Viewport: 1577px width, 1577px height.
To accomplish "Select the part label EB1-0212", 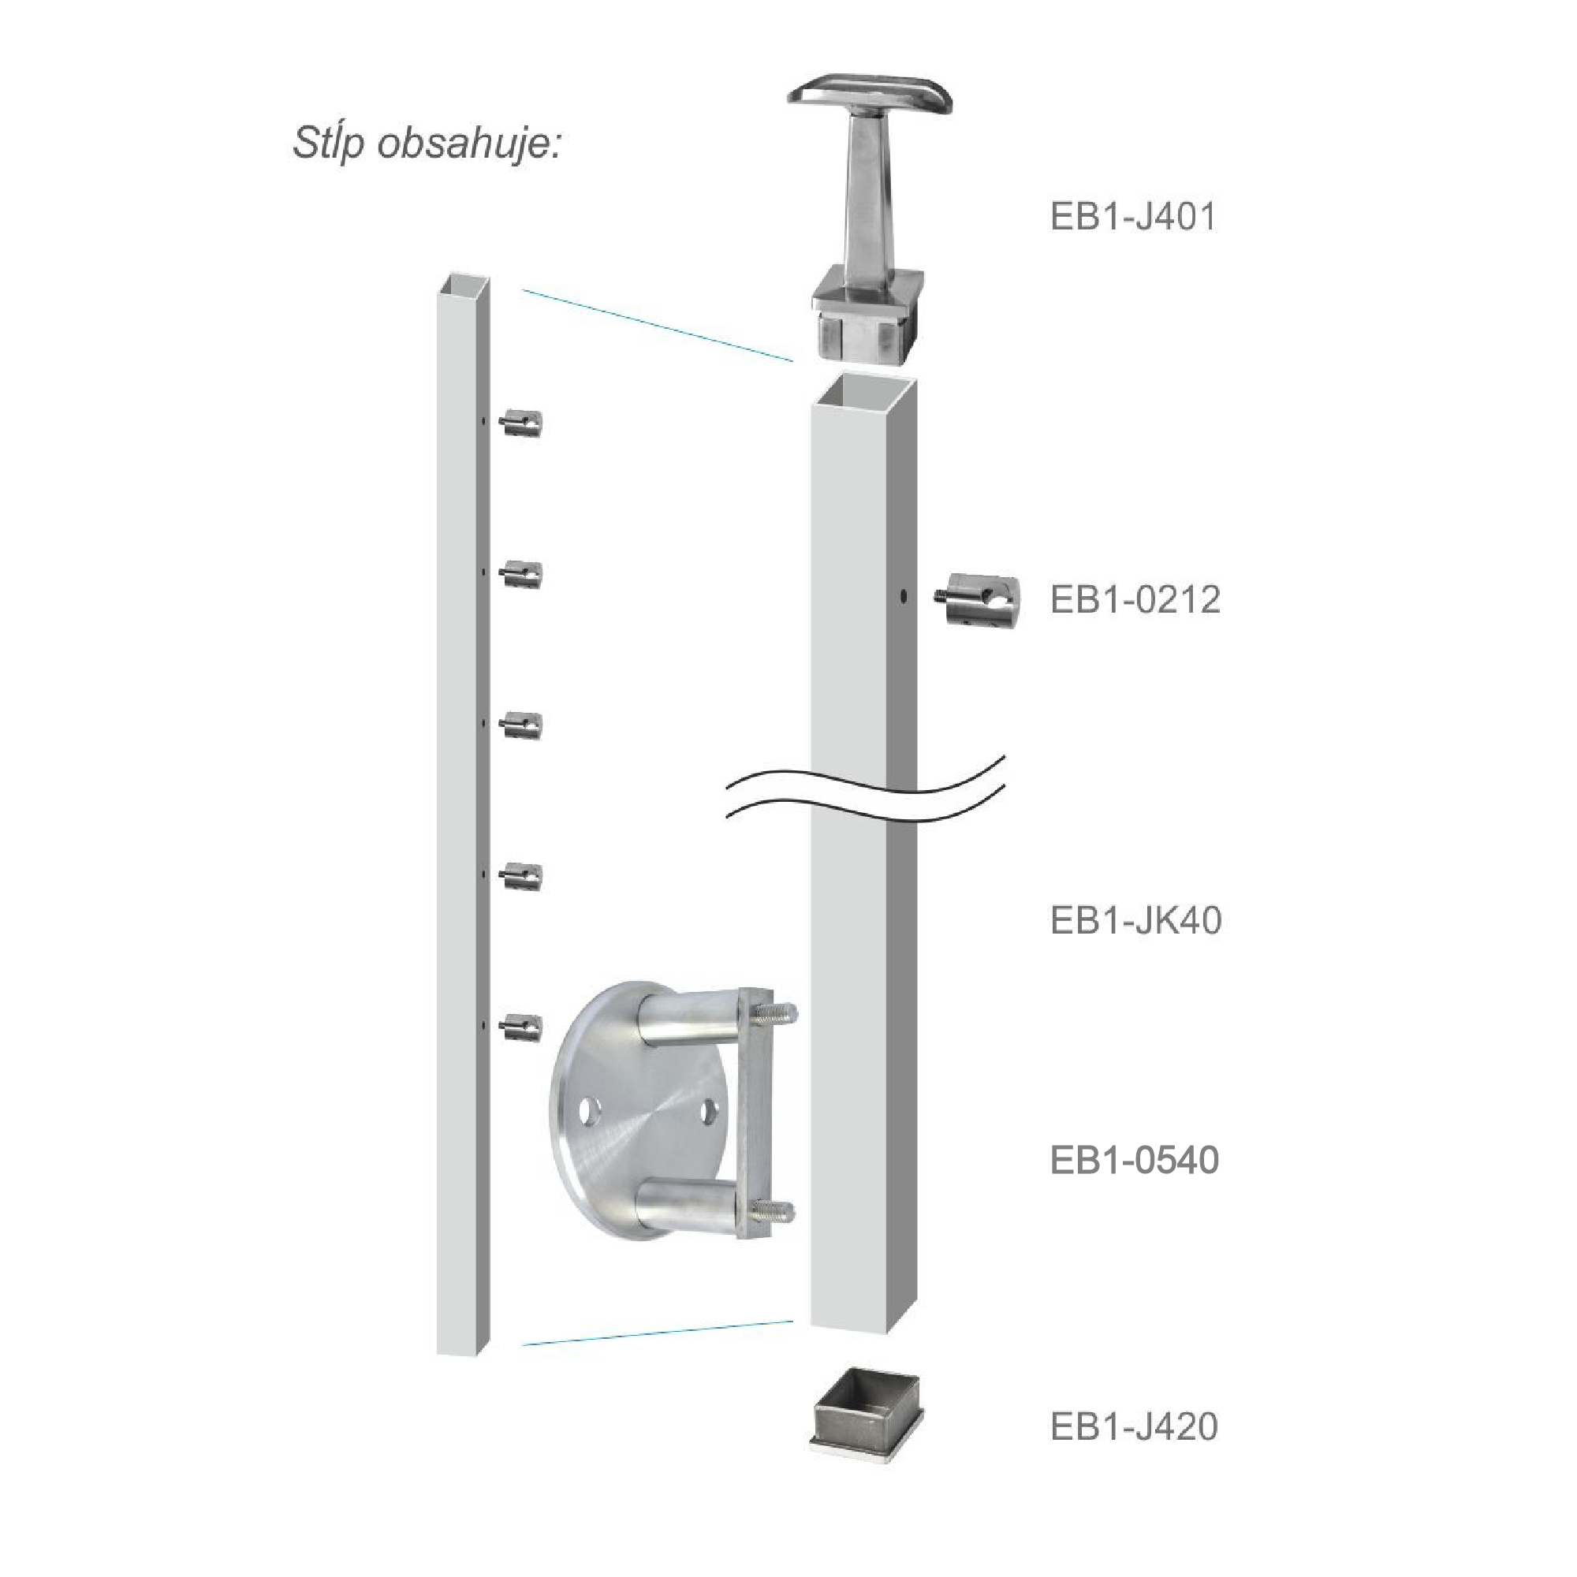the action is [x=1135, y=600].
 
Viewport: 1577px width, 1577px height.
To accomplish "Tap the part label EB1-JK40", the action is [x=1135, y=921].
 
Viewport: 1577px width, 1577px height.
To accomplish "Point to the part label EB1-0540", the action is [x=1135, y=1160].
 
